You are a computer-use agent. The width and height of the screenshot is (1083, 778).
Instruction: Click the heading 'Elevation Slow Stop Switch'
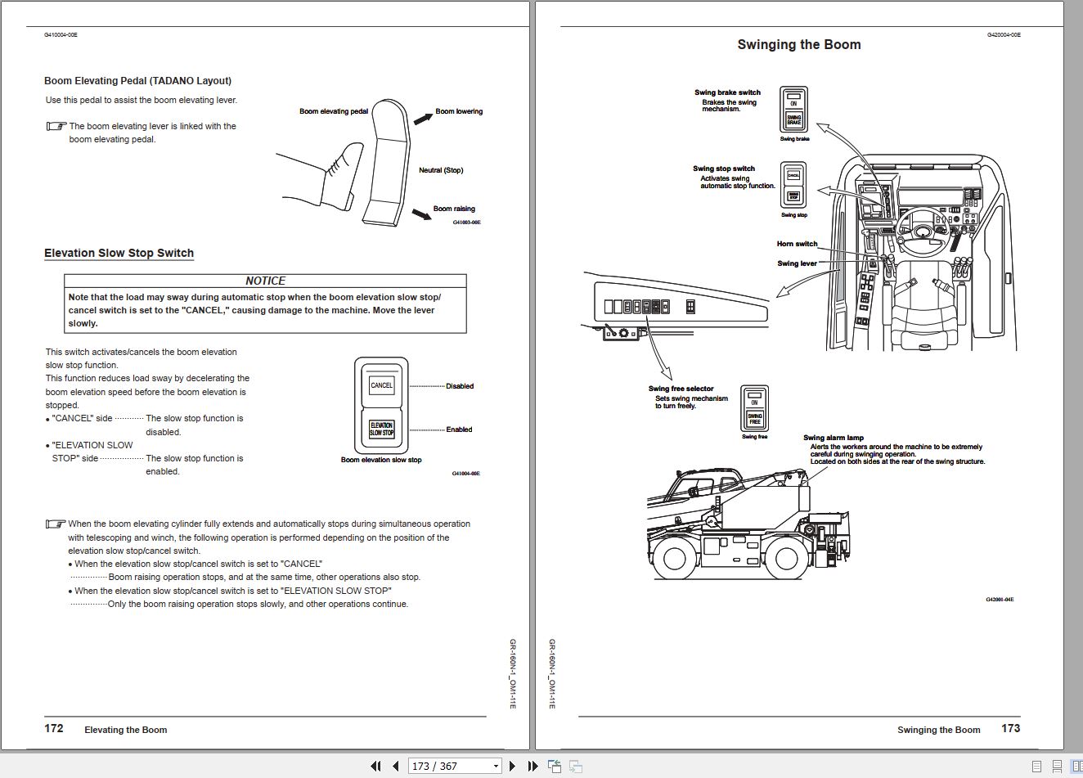119,253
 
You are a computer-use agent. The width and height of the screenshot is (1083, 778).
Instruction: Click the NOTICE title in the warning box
265,281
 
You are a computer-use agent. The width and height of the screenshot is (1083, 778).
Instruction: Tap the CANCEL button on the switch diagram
381,385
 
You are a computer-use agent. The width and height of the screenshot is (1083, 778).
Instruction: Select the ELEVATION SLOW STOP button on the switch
381,429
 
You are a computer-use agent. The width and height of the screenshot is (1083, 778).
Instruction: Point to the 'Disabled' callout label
459,386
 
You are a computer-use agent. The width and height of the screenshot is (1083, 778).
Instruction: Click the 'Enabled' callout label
459,429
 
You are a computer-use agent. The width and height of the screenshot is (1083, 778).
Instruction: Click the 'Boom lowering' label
458,111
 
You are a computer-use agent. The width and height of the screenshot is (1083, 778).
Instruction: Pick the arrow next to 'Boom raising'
421,214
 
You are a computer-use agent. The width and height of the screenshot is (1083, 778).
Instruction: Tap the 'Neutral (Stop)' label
440,170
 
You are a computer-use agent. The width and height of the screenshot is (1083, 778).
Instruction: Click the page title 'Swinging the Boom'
798,45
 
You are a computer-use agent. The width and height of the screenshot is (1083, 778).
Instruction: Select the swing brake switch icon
793,110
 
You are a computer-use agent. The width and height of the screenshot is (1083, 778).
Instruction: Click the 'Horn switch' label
797,244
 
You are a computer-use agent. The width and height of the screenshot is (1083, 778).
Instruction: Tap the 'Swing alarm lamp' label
833,438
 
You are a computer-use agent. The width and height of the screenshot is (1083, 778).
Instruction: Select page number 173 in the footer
1010,728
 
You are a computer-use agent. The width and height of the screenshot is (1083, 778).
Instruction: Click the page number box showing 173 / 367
445,766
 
